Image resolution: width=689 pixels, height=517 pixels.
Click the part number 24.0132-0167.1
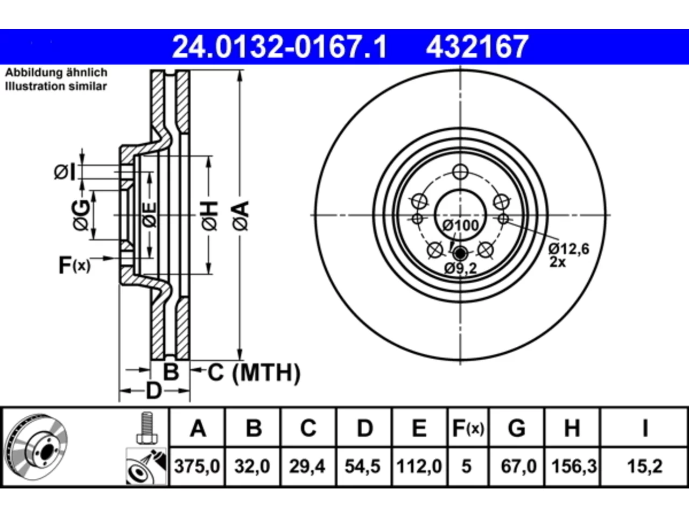(x=279, y=47)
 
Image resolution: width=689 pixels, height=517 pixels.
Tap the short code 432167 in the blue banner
(x=477, y=47)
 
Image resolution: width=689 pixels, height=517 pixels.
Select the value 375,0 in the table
(x=197, y=466)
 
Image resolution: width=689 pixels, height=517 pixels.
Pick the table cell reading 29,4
(x=307, y=466)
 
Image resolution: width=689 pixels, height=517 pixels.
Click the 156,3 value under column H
(x=574, y=466)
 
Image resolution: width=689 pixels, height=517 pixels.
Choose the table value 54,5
(x=363, y=466)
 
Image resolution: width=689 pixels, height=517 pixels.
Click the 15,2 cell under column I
(x=645, y=466)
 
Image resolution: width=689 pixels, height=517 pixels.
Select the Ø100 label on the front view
(x=460, y=226)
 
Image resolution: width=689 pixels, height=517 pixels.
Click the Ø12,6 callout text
(x=569, y=249)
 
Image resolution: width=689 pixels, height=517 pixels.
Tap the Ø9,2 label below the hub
(x=460, y=268)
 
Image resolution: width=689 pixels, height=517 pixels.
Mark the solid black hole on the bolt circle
(x=460, y=253)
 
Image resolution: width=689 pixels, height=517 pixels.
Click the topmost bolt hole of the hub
(x=460, y=172)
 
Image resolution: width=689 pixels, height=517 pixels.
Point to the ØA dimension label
(x=241, y=215)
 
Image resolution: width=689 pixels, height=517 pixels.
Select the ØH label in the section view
(x=210, y=215)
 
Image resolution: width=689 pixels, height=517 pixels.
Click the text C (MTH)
(x=254, y=373)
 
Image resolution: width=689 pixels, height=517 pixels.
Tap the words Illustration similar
(x=56, y=86)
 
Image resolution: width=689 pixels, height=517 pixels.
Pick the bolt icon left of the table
(x=147, y=428)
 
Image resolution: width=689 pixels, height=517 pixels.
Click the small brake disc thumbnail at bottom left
(x=37, y=447)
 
